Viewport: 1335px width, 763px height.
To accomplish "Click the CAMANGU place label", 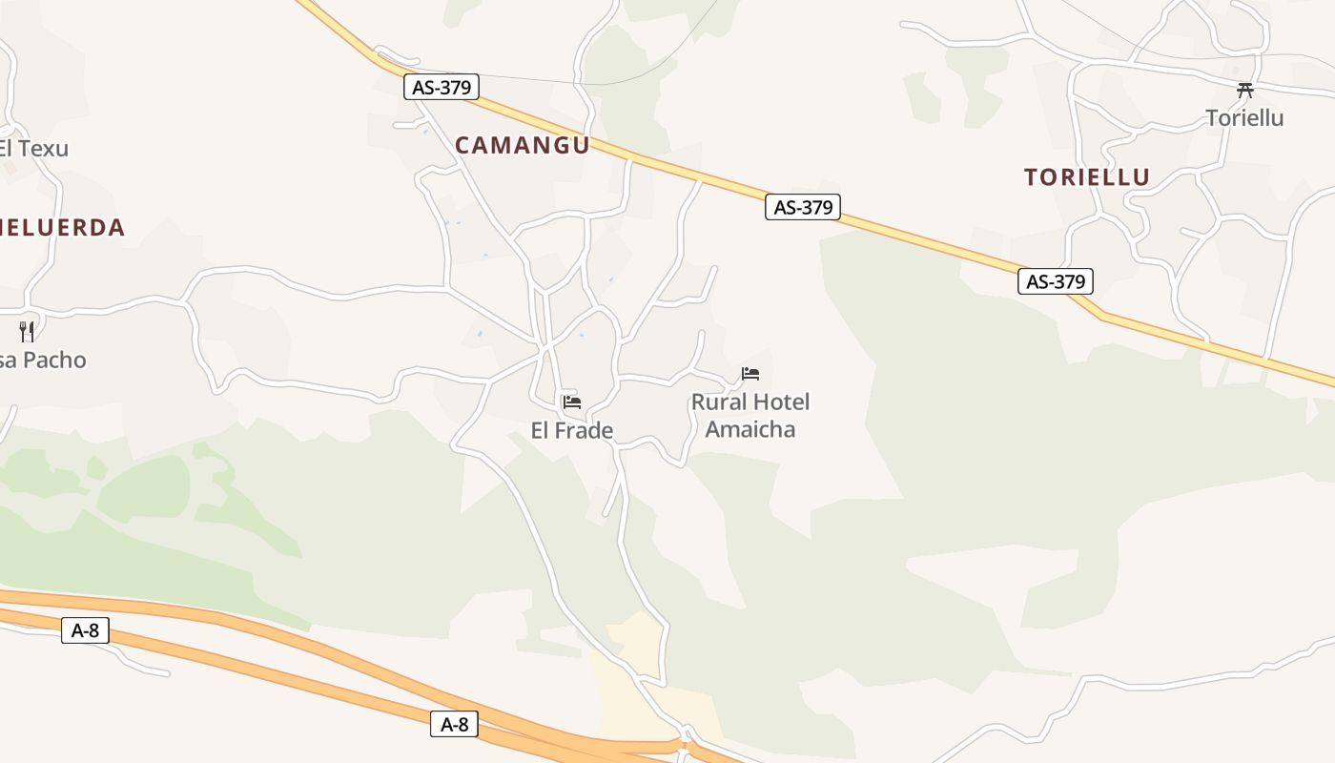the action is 522,145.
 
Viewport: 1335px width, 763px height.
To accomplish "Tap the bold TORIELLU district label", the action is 1087,177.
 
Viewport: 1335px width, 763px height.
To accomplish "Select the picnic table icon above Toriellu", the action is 1244,91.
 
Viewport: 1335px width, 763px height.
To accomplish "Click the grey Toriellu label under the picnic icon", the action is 1244,118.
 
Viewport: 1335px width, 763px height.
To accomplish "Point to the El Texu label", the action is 33,149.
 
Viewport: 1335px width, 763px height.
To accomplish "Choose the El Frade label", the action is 571,431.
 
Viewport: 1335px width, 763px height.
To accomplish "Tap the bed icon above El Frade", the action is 572,402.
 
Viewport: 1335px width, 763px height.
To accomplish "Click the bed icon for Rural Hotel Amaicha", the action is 750,374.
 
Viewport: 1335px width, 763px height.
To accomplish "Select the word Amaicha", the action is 750,429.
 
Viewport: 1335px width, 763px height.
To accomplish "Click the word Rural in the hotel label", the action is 719,402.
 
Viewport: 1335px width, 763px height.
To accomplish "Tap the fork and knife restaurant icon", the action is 27,331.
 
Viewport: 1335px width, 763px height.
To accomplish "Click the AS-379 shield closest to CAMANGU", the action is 441,88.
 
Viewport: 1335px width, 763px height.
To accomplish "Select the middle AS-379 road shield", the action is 803,207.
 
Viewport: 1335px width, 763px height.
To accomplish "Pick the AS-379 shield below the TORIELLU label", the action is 1055,281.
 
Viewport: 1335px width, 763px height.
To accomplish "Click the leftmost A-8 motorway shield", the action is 85,630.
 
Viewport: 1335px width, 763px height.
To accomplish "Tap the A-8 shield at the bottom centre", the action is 454,724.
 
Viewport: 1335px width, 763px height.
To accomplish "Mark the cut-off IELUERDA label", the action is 62,228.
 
